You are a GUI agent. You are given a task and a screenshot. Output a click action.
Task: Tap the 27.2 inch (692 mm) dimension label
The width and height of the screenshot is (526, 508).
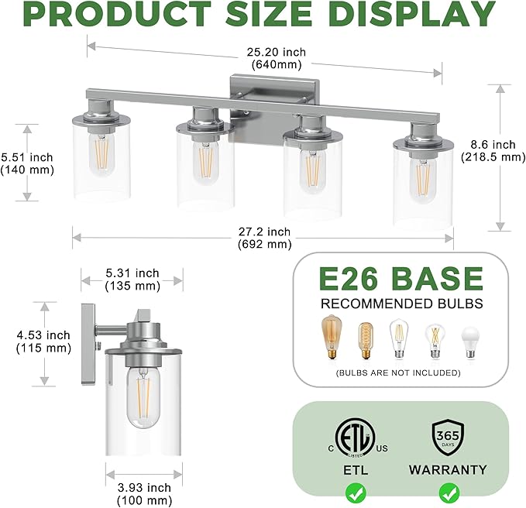tap(264, 238)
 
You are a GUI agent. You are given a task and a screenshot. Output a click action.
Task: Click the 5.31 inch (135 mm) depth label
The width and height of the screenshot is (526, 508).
tap(132, 280)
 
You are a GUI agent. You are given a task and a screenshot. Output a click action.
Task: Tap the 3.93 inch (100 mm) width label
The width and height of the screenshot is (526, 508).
tap(143, 493)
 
